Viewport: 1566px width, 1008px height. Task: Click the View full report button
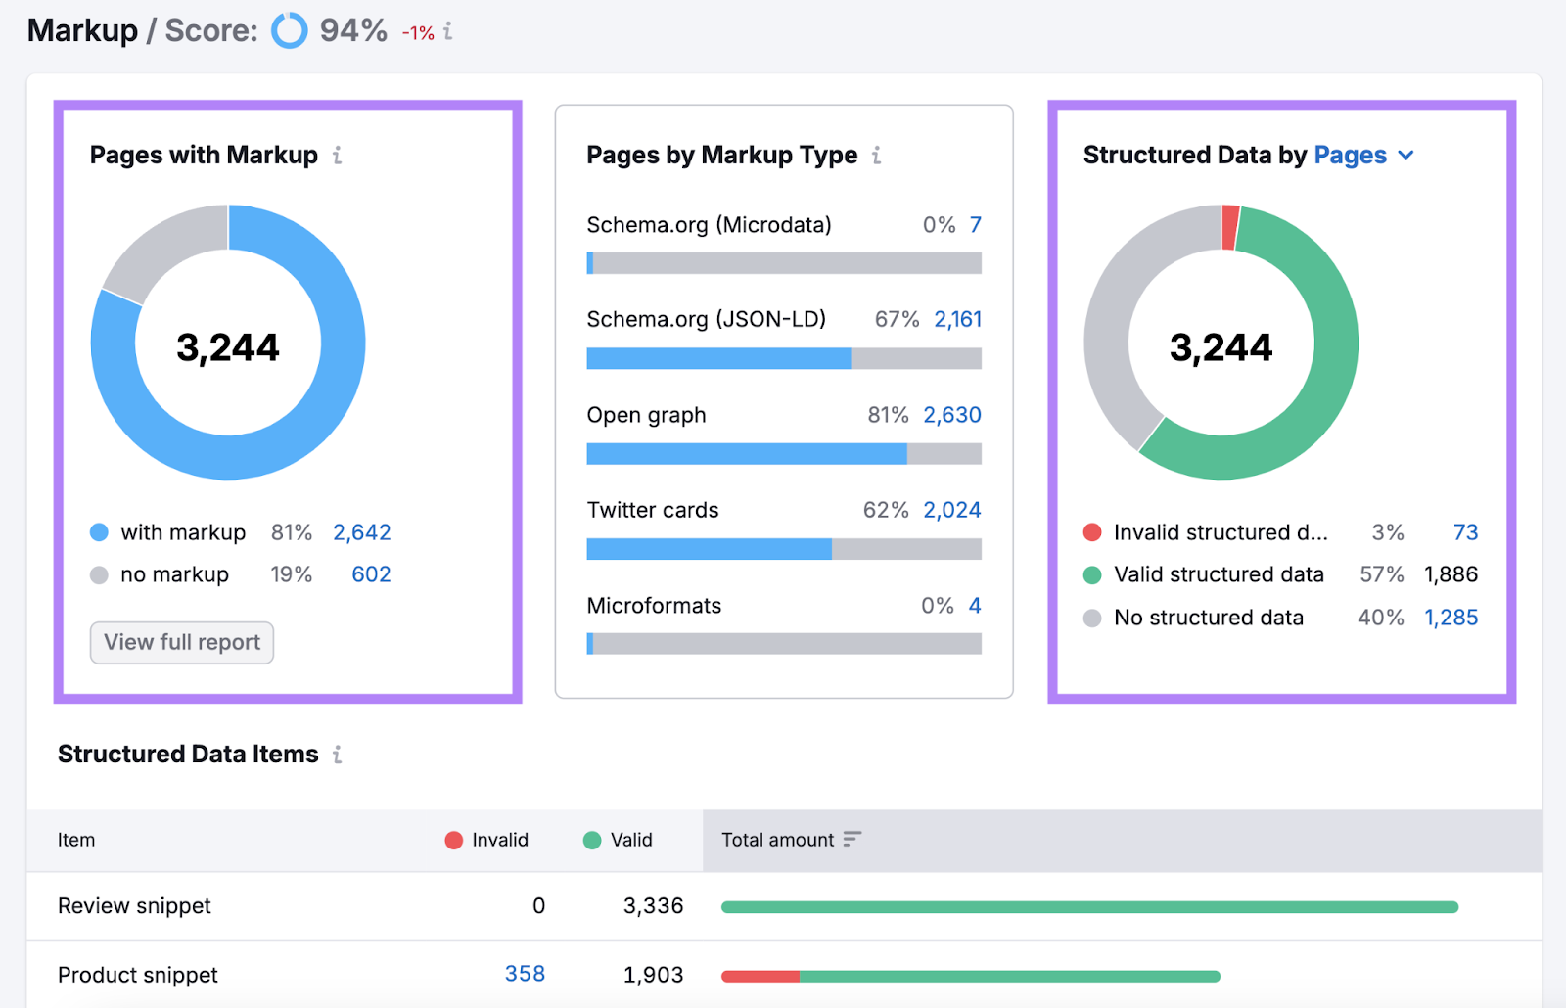pyautogui.click(x=182, y=643)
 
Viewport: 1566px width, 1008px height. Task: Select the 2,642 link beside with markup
pyautogui.click(x=361, y=532)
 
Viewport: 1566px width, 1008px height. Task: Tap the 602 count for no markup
pyautogui.click(x=371, y=574)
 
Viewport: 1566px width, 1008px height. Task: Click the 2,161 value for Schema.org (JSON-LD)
pyautogui.click(x=957, y=319)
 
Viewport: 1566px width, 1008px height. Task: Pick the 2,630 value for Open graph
pyautogui.click(x=951, y=415)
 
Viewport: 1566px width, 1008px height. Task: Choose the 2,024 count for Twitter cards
pyautogui.click(x=951, y=510)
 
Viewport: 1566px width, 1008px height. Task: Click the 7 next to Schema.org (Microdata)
pyautogui.click(x=975, y=225)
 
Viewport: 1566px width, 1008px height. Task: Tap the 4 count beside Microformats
pyautogui.click(x=975, y=606)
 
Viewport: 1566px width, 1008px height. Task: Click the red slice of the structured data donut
pyautogui.click(x=1230, y=227)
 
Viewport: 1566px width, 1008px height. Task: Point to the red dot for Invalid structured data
pyautogui.click(x=1092, y=532)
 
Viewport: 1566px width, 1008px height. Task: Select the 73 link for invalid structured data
pyautogui.click(x=1465, y=532)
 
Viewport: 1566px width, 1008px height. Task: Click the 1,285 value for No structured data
pyautogui.click(x=1451, y=618)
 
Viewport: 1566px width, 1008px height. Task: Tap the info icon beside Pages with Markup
pyautogui.click(x=337, y=156)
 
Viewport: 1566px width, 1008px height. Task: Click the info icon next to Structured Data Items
pyautogui.click(x=337, y=755)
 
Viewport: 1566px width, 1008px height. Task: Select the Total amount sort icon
pyautogui.click(x=852, y=839)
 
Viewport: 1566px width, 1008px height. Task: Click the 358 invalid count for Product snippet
pyautogui.click(x=525, y=974)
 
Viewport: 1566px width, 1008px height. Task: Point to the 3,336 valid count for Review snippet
pyautogui.click(x=653, y=906)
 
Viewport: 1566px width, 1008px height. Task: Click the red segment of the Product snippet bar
pyautogui.click(x=760, y=976)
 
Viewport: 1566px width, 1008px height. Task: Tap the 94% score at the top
pyautogui.click(x=353, y=30)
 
